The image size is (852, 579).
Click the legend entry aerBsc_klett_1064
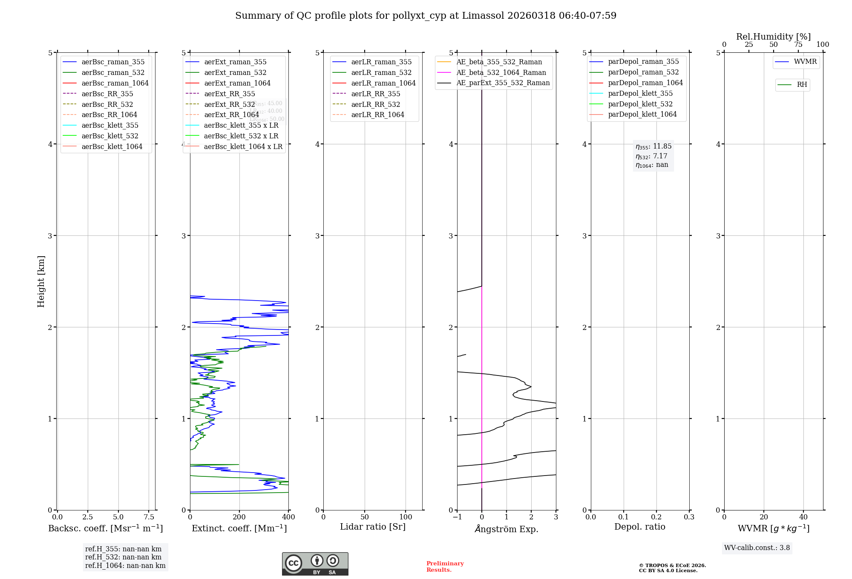[112, 146]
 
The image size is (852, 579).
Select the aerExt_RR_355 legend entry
[229, 94]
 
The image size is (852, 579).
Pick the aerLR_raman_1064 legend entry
[383, 83]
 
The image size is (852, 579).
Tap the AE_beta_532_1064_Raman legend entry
[501, 72]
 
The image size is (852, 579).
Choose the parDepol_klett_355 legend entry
[640, 93]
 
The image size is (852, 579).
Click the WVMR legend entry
[805, 62]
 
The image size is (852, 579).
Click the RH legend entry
[802, 85]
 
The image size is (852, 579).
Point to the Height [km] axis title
[41, 281]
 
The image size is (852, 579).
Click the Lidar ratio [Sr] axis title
[373, 527]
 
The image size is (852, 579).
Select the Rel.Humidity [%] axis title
[773, 37]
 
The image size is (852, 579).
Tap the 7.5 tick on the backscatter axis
[149, 517]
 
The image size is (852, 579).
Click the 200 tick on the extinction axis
[239, 517]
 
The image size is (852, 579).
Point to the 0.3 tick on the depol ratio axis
[689, 517]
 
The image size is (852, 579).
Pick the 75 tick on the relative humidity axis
[798, 44]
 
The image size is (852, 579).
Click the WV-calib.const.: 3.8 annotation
[757, 547]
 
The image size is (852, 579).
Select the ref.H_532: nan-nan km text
[123, 557]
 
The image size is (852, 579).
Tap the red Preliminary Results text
[445, 566]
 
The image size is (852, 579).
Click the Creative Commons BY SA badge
[315, 564]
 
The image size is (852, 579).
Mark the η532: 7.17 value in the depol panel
[652, 156]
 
